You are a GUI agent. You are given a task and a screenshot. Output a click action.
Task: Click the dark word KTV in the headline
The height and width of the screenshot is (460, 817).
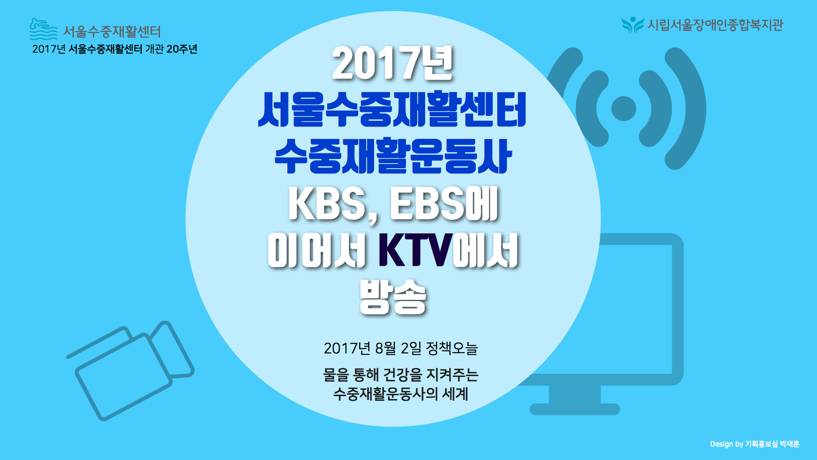[415, 250]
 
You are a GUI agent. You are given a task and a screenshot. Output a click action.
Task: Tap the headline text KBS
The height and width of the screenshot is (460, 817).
[327, 204]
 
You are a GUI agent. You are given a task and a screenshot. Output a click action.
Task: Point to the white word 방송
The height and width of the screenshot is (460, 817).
[392, 297]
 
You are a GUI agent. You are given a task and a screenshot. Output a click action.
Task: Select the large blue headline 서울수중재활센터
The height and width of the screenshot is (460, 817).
[392, 109]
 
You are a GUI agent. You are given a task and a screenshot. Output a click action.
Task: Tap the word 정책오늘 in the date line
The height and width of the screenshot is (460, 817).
[452, 348]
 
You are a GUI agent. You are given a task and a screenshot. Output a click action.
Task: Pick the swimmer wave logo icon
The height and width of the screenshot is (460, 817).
[43, 29]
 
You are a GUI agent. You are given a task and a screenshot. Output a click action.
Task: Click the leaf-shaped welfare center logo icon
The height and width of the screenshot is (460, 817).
[633, 25]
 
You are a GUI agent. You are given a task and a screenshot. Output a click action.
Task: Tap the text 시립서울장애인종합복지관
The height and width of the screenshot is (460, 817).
[715, 25]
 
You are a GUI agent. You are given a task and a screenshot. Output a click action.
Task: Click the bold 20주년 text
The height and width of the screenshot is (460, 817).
[182, 49]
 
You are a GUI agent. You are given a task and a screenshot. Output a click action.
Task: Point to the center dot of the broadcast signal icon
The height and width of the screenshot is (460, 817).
[624, 109]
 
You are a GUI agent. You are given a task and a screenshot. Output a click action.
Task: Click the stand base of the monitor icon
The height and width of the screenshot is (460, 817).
[575, 409]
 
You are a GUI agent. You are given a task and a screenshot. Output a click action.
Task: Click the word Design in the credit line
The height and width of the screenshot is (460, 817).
[722, 444]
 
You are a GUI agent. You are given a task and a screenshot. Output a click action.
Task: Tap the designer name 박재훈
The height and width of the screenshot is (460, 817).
[790, 444]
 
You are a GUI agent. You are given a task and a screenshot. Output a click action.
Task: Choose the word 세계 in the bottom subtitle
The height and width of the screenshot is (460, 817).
[455, 394]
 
